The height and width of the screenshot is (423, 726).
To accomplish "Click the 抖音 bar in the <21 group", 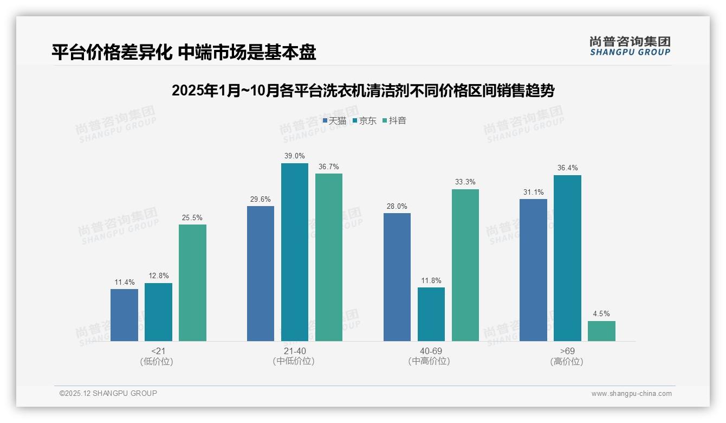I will pyautogui.click(x=192, y=283).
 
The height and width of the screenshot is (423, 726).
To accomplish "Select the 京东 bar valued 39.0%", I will pyautogui.click(x=294, y=252).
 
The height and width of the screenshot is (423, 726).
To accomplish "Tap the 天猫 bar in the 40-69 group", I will pyautogui.click(x=397, y=277).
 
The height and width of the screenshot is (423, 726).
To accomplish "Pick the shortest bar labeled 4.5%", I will pyautogui.click(x=601, y=331).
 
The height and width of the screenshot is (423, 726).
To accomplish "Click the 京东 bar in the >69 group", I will pyautogui.click(x=567, y=258).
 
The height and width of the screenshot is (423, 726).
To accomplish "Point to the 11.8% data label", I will pyautogui.click(x=431, y=280).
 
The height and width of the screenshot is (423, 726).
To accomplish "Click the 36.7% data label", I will pyautogui.click(x=328, y=166).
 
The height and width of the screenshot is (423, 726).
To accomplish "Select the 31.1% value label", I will pyautogui.click(x=533, y=192).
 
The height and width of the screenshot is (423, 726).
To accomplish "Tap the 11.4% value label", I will pyautogui.click(x=124, y=282).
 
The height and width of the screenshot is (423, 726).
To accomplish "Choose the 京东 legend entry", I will pyautogui.click(x=364, y=120).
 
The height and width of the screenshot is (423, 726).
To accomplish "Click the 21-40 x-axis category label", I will pyautogui.click(x=294, y=351).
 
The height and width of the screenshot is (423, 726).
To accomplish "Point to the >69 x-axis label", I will pyautogui.click(x=567, y=351).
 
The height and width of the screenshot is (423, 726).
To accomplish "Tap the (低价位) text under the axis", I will pyautogui.click(x=158, y=361).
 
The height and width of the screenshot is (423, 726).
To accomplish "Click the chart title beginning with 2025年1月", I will pyautogui.click(x=363, y=91).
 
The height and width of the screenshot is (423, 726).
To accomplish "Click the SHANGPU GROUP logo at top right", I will pyautogui.click(x=630, y=46).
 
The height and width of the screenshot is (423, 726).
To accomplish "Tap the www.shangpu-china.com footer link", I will pyautogui.click(x=631, y=394).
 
